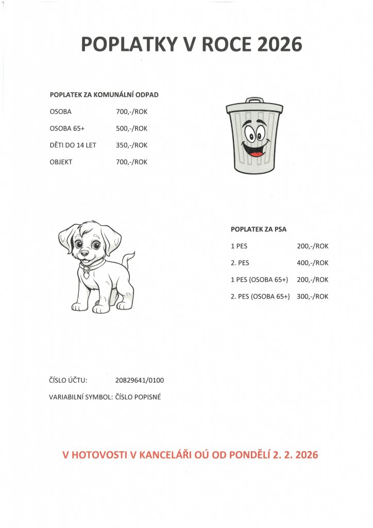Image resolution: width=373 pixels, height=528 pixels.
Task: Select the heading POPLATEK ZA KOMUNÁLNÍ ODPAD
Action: [104, 95]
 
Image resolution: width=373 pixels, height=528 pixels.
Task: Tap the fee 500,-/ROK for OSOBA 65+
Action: [132, 128]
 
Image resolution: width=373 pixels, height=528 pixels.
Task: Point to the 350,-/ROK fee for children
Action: [132, 145]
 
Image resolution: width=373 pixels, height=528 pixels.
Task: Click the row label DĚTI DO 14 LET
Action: [73, 145]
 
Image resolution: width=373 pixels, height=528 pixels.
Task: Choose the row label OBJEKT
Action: [61, 162]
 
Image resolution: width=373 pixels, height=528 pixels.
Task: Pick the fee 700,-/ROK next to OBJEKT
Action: [132, 162]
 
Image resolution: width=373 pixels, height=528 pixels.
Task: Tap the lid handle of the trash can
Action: [254, 100]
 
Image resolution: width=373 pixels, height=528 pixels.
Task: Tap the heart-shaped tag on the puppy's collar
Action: [87, 274]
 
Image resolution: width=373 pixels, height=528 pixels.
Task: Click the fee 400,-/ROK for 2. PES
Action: [313, 263]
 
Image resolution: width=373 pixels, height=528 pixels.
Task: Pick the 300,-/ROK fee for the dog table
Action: [313, 296]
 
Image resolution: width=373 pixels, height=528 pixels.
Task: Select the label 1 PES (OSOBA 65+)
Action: [259, 279]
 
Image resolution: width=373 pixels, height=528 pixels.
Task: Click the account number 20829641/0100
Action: [140, 381]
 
